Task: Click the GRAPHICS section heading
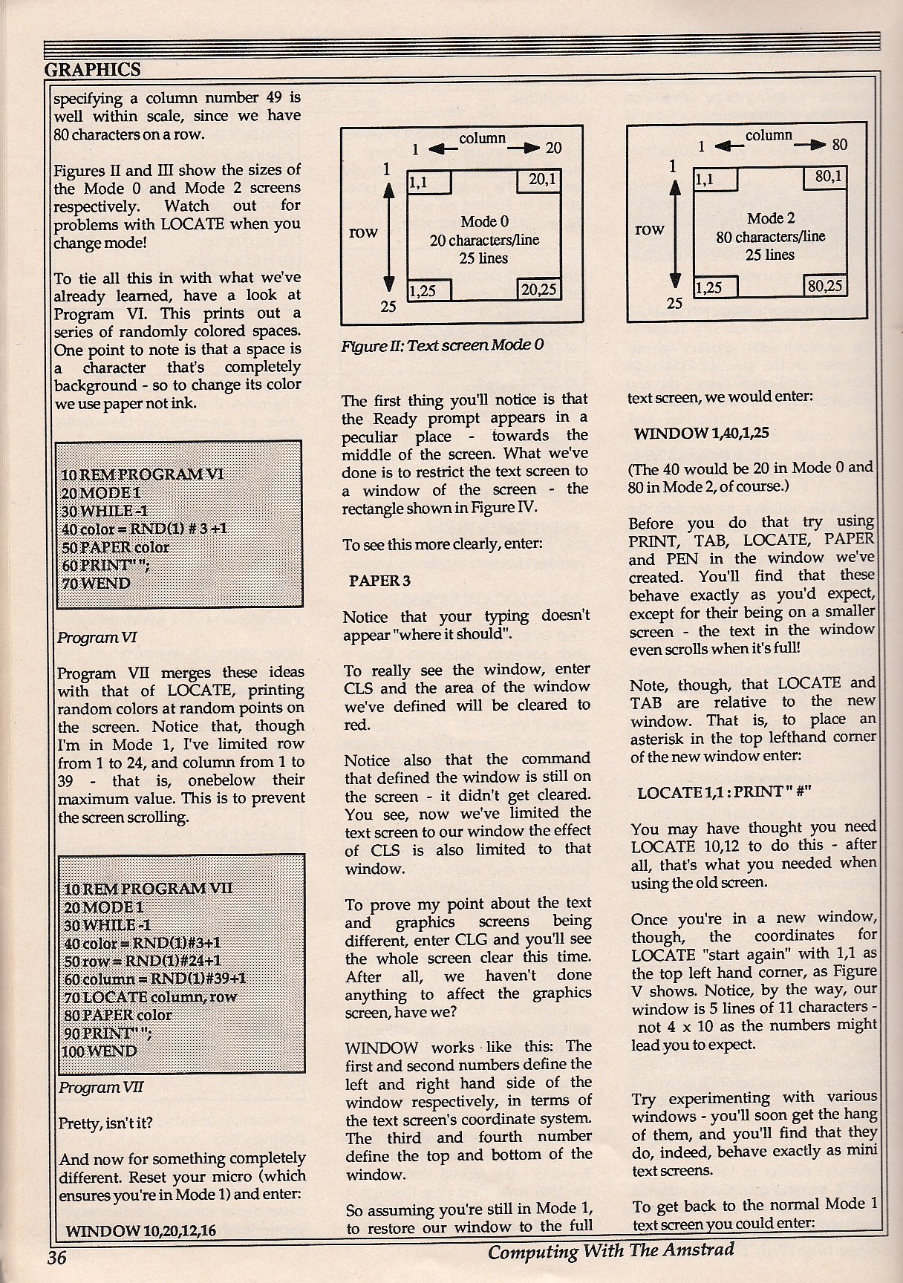92,70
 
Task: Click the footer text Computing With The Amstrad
610,1251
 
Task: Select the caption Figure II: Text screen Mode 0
442,345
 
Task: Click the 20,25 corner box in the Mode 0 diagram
539,290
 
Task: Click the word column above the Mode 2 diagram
769,136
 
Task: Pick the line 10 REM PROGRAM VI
143,474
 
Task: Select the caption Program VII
100,1087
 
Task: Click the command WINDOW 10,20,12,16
141,1230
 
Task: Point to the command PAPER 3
379,581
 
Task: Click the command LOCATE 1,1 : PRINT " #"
724,792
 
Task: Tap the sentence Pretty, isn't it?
105,1123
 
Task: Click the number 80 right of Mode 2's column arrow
839,145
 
